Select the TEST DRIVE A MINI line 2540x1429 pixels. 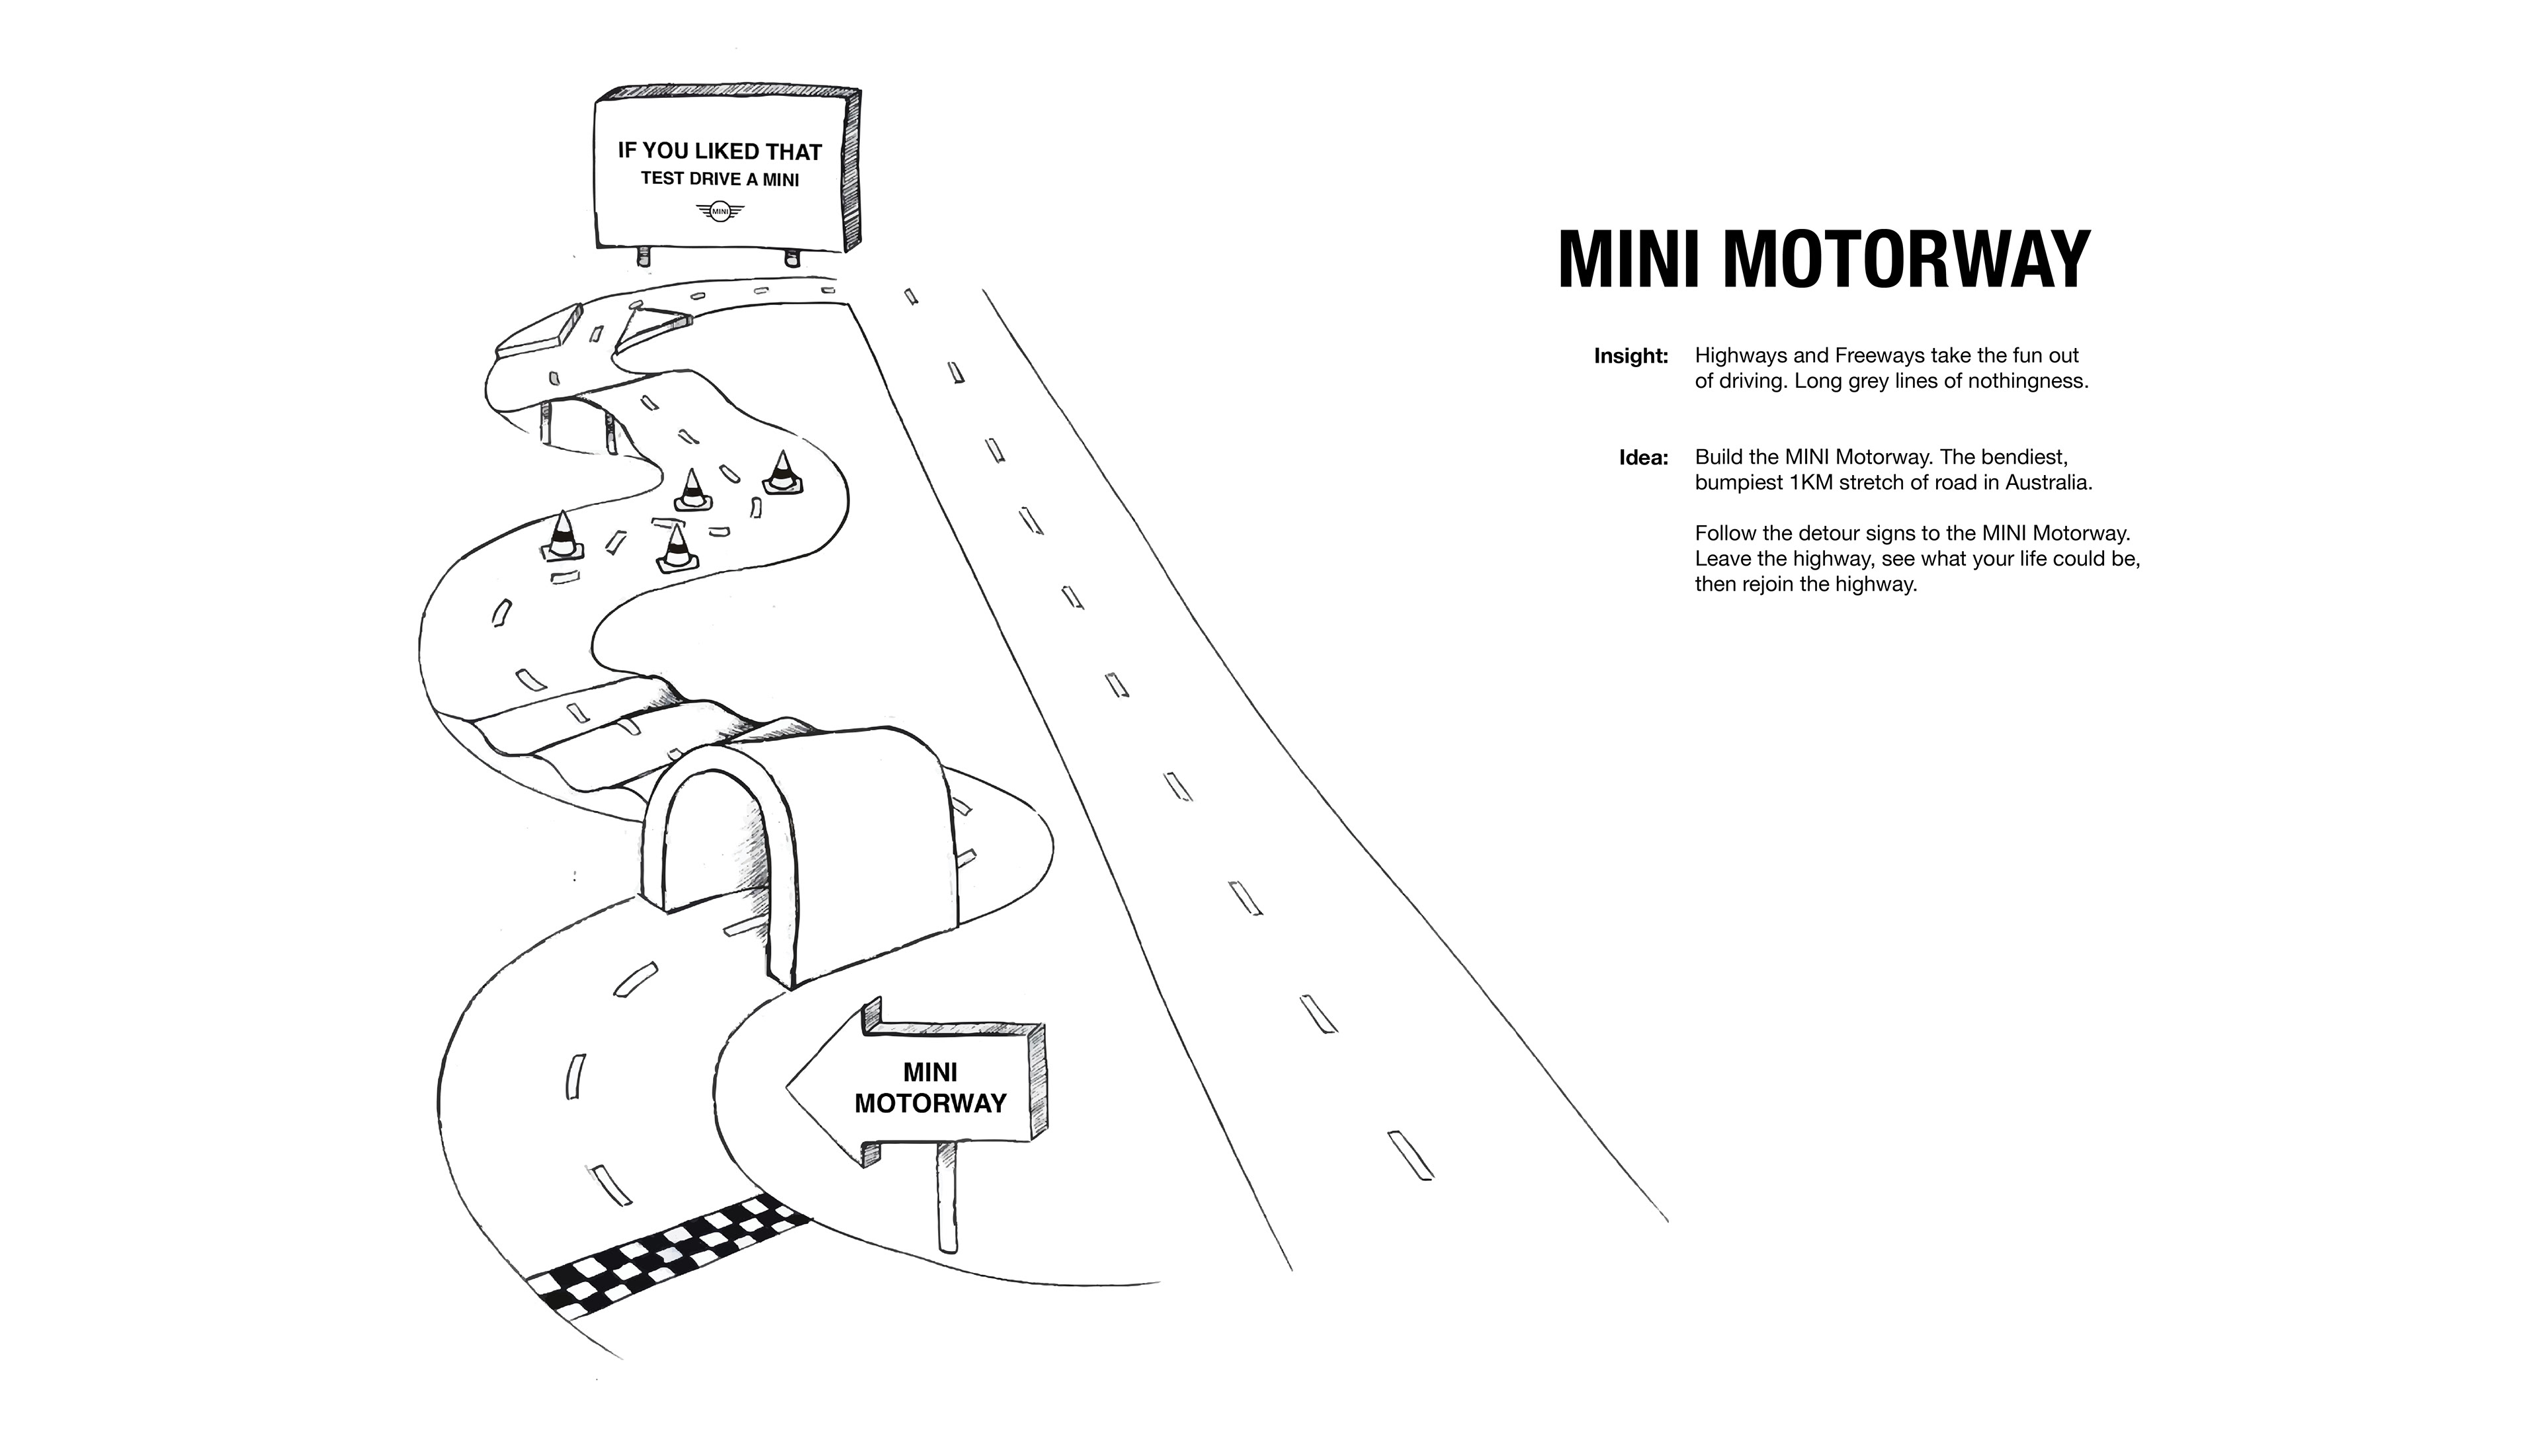pos(720,179)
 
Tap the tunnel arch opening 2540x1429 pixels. pos(717,848)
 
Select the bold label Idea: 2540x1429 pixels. pos(1644,458)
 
